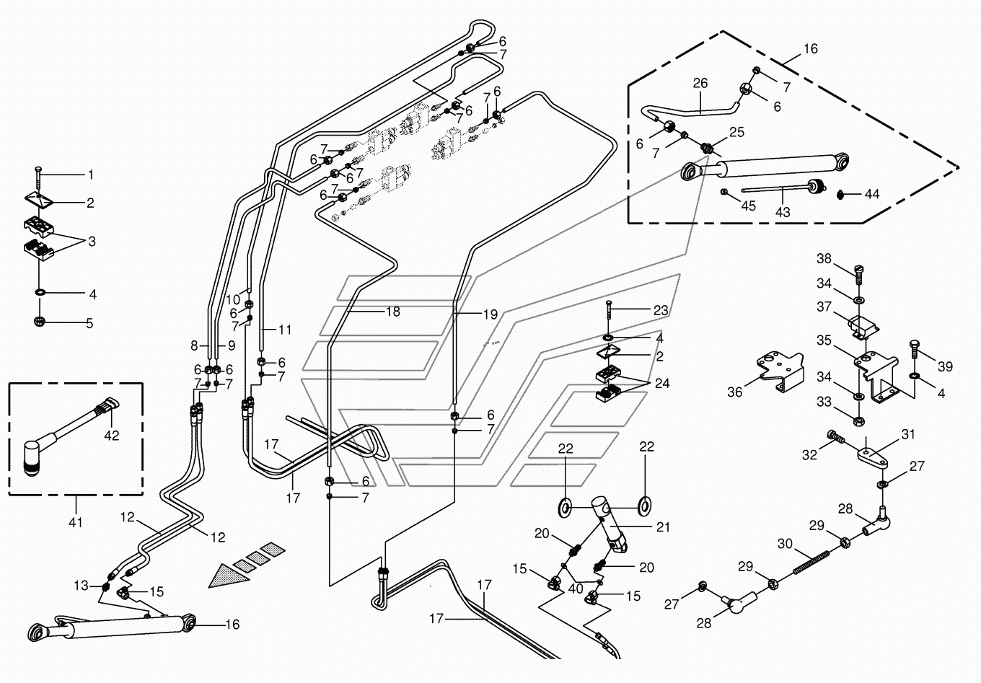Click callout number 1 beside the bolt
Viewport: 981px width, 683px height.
tap(91, 175)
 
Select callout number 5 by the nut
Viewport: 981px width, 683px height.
tap(90, 324)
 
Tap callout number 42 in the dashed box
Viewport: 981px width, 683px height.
tap(111, 436)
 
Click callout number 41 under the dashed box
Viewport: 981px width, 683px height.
tap(76, 522)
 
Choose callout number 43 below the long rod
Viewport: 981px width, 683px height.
tap(783, 212)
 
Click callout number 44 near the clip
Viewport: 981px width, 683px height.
tap(872, 194)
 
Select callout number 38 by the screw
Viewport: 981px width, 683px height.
tap(824, 258)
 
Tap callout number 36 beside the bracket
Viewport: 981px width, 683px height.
tap(734, 392)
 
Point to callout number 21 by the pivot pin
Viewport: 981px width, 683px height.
tap(662, 527)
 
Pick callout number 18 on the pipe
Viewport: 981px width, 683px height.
tap(392, 312)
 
